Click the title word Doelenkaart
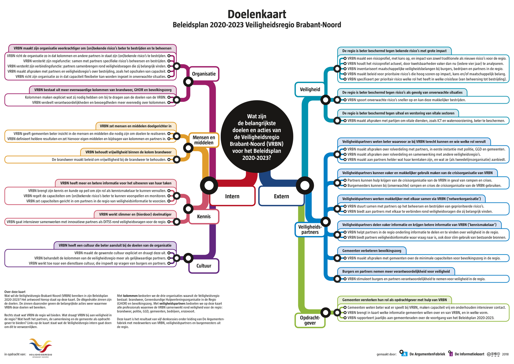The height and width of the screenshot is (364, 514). pyautogui.click(x=257, y=14)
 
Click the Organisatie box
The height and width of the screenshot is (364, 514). pyautogui.click(x=204, y=74)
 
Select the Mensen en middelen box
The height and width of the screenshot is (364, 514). pyautogui.click(x=204, y=140)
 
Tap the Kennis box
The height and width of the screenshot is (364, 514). pyautogui.click(x=204, y=216)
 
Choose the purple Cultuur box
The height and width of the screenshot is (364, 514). pyautogui.click(x=204, y=266)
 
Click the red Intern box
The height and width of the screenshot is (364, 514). pyautogui.click(x=232, y=196)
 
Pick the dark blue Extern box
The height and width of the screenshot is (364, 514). pyautogui.click(x=281, y=196)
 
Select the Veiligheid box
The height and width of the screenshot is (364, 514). pyautogui.click(x=310, y=90)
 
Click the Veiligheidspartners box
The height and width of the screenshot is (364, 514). pyautogui.click(x=310, y=230)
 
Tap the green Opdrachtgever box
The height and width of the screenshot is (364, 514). pyautogui.click(x=310, y=320)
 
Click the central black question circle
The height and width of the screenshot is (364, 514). pyautogui.click(x=257, y=137)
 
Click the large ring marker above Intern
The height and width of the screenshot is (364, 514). pyautogui.click(x=209, y=186)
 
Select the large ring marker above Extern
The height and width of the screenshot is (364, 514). pyautogui.click(x=305, y=186)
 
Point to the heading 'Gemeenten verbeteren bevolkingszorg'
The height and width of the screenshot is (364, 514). pyautogui.click(x=371, y=251)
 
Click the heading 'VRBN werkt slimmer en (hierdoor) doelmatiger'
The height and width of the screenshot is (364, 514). pyautogui.click(x=135, y=214)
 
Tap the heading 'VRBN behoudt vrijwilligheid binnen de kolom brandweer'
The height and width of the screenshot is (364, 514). pyautogui.click(x=128, y=152)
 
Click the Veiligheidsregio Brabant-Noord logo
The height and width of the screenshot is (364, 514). pyautogui.click(x=40, y=347)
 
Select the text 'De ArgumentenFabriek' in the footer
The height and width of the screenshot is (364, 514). pyautogui.click(x=427, y=354)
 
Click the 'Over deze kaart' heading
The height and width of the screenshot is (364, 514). pyautogui.click(x=15, y=292)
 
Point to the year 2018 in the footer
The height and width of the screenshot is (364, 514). pyautogui.click(x=505, y=354)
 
